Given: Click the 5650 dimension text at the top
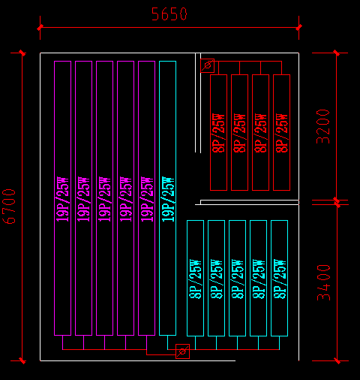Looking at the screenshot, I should click(x=169, y=14).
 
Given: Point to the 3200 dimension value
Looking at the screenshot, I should click(x=322, y=126).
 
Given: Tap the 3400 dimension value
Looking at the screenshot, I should click(x=323, y=282).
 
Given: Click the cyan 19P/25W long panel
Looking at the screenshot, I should click(x=167, y=198).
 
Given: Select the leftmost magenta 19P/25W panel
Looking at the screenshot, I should click(x=63, y=198).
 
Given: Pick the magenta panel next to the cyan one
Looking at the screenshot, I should click(x=146, y=198).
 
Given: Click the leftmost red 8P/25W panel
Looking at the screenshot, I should click(x=218, y=132).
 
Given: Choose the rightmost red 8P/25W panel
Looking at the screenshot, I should click(x=281, y=132).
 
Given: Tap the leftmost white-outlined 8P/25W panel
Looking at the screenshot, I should click(x=195, y=278).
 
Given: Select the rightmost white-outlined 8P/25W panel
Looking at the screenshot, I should click(x=279, y=278).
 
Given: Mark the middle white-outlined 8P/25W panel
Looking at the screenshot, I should click(x=237, y=278).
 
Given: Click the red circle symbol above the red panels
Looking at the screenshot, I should click(x=207, y=65).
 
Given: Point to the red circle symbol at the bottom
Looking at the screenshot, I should click(x=181, y=351).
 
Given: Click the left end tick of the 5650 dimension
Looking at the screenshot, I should click(x=40, y=28).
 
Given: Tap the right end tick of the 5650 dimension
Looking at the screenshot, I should click(x=299, y=28).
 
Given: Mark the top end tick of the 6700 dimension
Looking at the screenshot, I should click(x=22, y=53).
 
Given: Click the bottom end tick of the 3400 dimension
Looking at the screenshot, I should click(x=336, y=360).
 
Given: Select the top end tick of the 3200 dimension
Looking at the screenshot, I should click(x=336, y=53).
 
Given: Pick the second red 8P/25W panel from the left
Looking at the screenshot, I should click(x=239, y=132).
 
